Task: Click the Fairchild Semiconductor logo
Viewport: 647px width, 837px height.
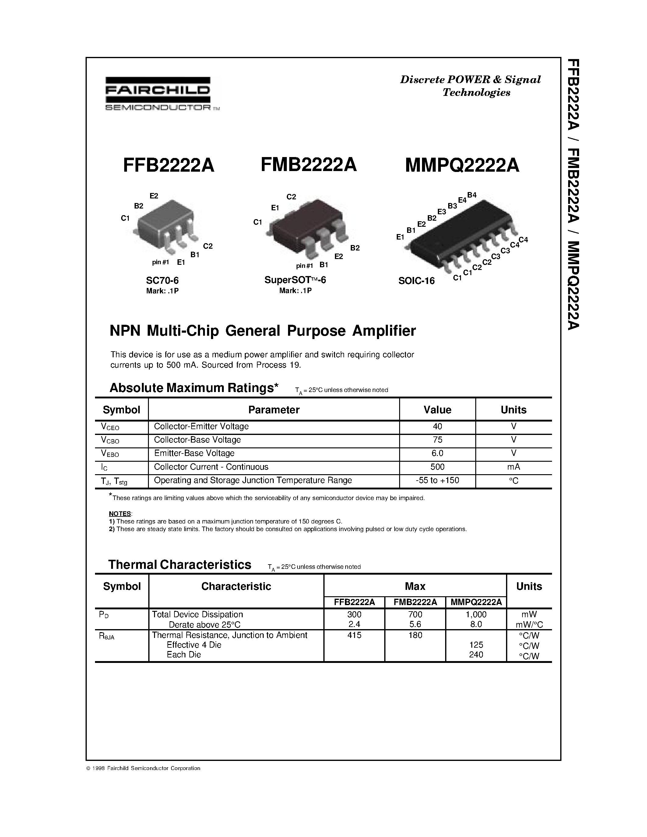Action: pos(158,93)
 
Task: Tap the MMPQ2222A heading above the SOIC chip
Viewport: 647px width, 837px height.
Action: pos(462,166)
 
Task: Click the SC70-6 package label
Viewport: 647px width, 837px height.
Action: pos(163,281)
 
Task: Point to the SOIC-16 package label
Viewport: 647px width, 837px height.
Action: pos(416,281)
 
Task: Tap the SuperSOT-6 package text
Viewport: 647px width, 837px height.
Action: pos(295,280)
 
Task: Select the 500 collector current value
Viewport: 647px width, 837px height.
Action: pos(437,467)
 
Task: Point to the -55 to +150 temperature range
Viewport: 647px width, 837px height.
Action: pos(437,480)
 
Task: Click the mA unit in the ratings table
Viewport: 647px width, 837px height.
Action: pos(513,467)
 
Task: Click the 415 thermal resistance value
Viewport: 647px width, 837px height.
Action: pos(354,635)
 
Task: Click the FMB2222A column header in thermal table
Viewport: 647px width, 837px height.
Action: pos(415,602)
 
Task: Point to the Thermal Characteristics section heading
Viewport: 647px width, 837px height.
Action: pos(180,565)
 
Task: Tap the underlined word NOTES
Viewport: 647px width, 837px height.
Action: pos(120,513)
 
